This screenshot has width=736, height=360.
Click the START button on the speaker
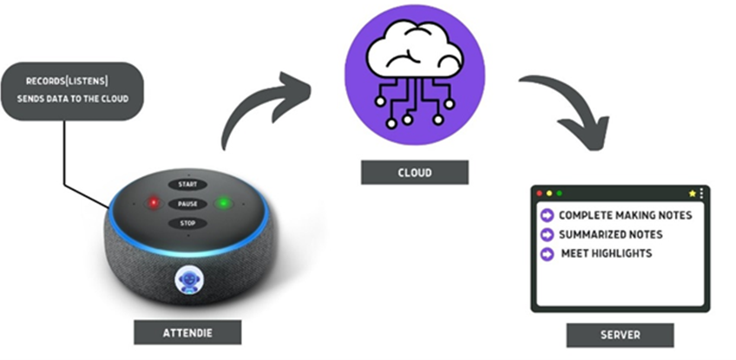pos(187,185)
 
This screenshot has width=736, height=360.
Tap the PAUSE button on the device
pos(187,204)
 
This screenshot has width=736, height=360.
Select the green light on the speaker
pos(224,205)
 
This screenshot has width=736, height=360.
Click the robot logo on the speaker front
pos(187,279)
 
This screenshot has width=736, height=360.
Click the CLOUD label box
pos(414,172)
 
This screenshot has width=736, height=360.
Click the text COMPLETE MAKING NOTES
pos(625,215)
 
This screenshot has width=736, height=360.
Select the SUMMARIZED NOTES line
pos(610,234)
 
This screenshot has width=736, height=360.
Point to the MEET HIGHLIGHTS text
pos(606,253)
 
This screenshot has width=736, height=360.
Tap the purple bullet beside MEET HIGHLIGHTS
pos(547,254)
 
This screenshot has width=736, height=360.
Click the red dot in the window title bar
pos(539,193)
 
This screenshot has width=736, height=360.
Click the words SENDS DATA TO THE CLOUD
pos(73,99)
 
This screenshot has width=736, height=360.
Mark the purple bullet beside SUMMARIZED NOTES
pos(547,234)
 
